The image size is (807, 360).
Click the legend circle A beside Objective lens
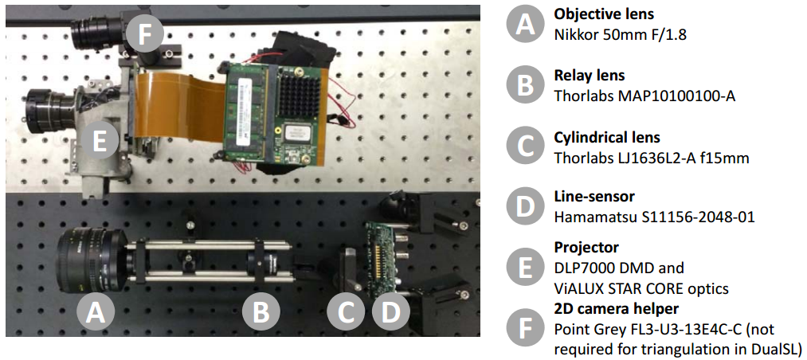pyautogui.click(x=524, y=24)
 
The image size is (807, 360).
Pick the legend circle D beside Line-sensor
pyautogui.click(x=524, y=207)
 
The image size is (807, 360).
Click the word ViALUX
pyautogui.click(x=578, y=288)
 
